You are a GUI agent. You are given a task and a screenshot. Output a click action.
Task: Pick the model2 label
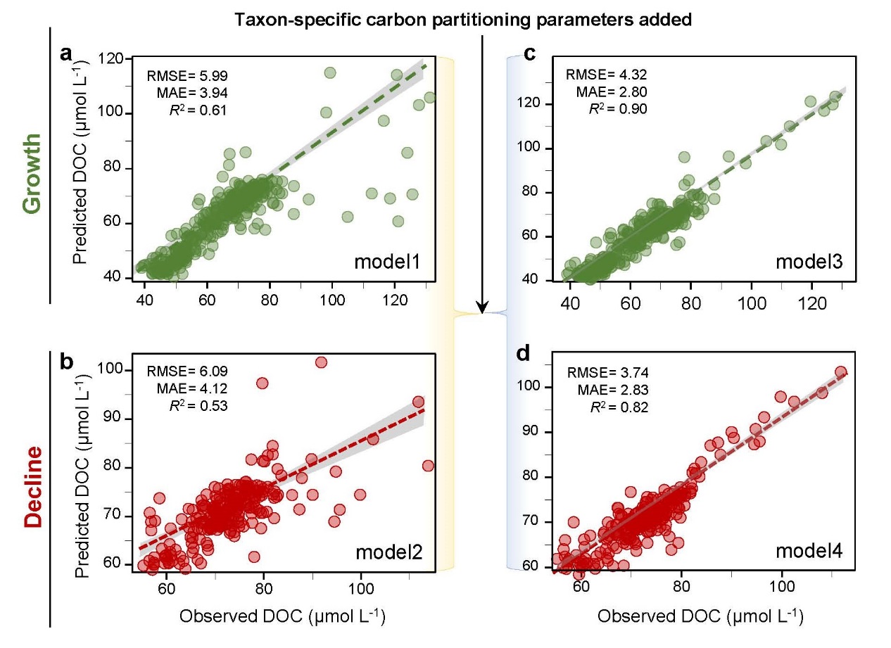coord(388,551)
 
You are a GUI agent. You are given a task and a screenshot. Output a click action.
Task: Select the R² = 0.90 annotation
coord(617,108)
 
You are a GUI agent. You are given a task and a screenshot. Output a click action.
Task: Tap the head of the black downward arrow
coord(482,307)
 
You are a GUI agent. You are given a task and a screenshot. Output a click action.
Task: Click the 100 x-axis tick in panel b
coord(360,584)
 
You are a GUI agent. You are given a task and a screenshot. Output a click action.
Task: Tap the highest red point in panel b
coord(321,362)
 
